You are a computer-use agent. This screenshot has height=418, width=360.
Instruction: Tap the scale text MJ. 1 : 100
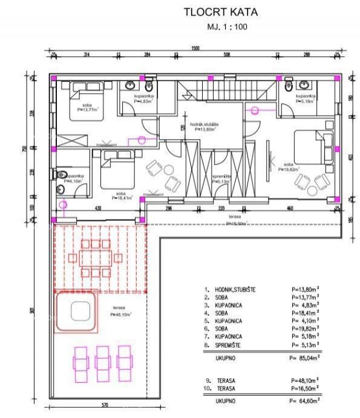pyautogui.click(x=226, y=27)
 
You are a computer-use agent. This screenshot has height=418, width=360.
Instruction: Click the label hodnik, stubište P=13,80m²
pyautogui.click(x=205, y=127)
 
